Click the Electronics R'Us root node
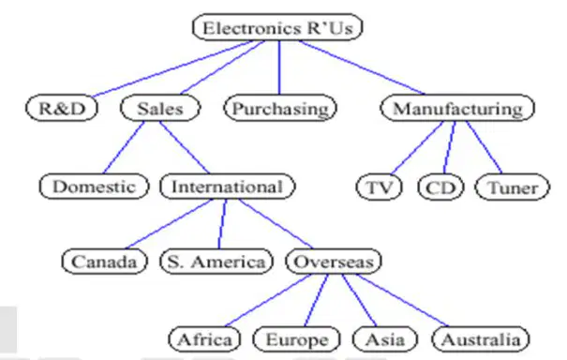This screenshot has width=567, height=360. click(x=277, y=27)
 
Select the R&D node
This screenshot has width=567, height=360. click(x=62, y=108)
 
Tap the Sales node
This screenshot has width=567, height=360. click(x=160, y=108)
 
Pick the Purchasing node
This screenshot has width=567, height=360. click(x=280, y=108)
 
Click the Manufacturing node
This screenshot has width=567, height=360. click(x=457, y=108)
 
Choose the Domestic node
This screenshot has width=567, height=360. click(x=94, y=187)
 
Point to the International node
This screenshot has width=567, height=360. click(x=228, y=187)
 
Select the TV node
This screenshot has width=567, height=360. click(x=379, y=187)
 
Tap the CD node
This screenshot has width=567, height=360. click(x=440, y=187)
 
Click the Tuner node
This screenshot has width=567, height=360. click(x=513, y=187)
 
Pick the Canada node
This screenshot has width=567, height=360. click(x=105, y=262)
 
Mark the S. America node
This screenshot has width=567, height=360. click(x=216, y=262)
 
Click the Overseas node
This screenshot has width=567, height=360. click(x=334, y=262)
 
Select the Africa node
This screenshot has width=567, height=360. click(x=204, y=339)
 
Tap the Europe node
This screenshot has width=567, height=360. click(x=296, y=339)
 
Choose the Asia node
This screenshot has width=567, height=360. click(x=385, y=339)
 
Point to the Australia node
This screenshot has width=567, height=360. click(x=481, y=339)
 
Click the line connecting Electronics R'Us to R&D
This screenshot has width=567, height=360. click(x=172, y=68)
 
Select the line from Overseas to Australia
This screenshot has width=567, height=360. click(x=402, y=300)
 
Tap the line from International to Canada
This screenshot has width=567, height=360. click(x=170, y=224)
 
